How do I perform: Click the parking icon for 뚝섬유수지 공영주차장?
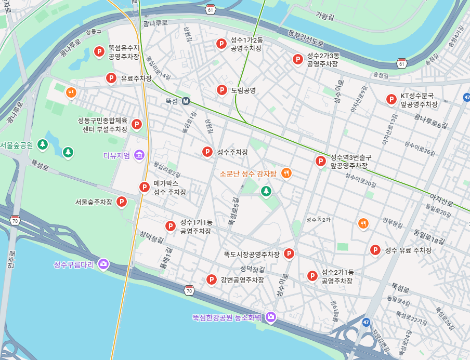pos(99,51)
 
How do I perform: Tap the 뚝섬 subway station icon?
pos(186,101)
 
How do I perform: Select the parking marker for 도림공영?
pos(222,90)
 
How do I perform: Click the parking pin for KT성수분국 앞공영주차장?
pos(391,99)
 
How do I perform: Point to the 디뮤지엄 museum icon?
pos(139,155)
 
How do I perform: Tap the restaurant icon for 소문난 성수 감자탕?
pos(285,173)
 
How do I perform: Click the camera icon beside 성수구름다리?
pos(103,264)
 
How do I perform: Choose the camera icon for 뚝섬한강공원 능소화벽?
pos(270,317)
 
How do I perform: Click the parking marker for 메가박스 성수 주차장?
pos(144,187)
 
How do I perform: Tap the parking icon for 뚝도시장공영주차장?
pos(289,254)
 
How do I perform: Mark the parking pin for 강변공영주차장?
pos(211,280)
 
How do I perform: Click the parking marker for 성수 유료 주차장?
pos(375,250)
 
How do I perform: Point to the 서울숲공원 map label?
pos(17,145)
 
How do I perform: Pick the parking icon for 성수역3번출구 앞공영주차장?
pos(320,162)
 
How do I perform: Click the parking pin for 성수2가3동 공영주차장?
pos(297,60)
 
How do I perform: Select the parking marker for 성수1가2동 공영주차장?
pos(221,44)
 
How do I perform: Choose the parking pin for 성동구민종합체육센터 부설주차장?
pos(136,124)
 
